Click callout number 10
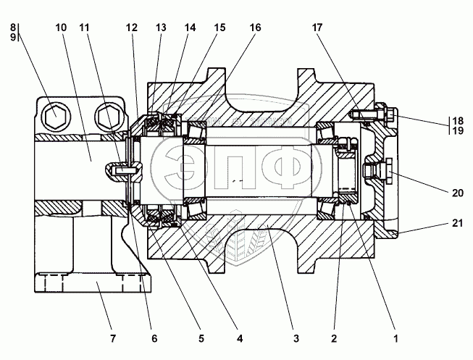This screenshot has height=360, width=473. point(60,27)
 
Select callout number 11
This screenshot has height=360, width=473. point(86,27)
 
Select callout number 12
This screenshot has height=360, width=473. point(131,27)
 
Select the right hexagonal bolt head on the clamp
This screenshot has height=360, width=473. point(107,114)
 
